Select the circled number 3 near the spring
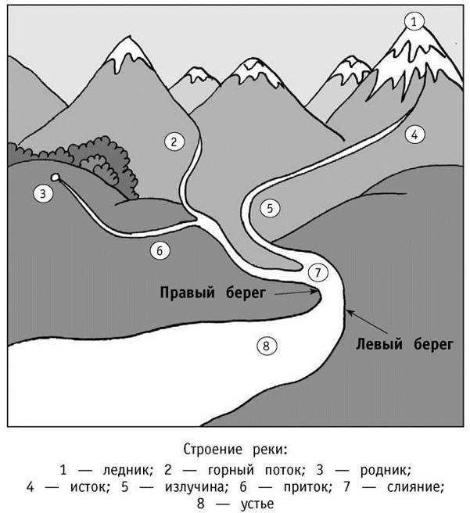click(x=41, y=192)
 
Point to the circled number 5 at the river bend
click(x=271, y=208)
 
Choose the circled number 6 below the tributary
click(x=158, y=251)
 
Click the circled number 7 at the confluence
click(x=314, y=273)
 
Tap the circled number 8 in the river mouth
click(x=267, y=344)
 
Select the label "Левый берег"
click(x=405, y=342)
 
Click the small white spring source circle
click(x=56, y=178)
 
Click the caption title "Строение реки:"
click(x=235, y=450)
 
